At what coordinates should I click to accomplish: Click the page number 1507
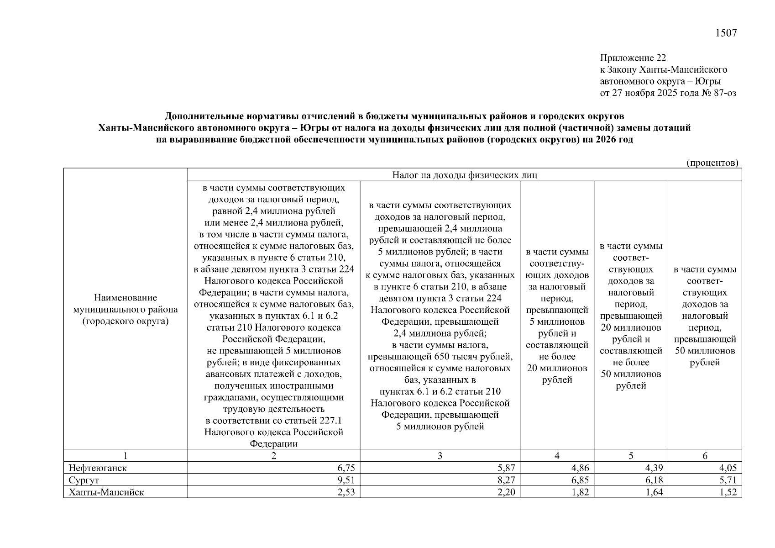click(x=726, y=33)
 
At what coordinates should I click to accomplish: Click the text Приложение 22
click(x=633, y=58)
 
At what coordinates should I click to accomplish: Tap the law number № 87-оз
click(x=718, y=93)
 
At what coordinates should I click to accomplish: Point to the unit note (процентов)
click(x=712, y=163)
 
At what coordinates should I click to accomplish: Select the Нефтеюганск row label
click(x=98, y=468)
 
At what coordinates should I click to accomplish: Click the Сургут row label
click(x=84, y=480)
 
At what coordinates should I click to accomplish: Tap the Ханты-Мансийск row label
click(x=106, y=492)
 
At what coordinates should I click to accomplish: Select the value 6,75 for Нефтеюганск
click(x=346, y=468)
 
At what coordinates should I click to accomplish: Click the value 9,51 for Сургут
click(x=346, y=480)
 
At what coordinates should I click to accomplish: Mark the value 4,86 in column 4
click(x=580, y=468)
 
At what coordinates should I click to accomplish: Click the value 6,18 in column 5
click(x=654, y=480)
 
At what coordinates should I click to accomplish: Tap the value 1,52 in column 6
click(x=728, y=492)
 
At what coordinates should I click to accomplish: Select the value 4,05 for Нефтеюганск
click(x=728, y=468)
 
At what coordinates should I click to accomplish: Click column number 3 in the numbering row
click(x=440, y=456)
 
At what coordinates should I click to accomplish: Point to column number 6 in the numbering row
click(x=705, y=456)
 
